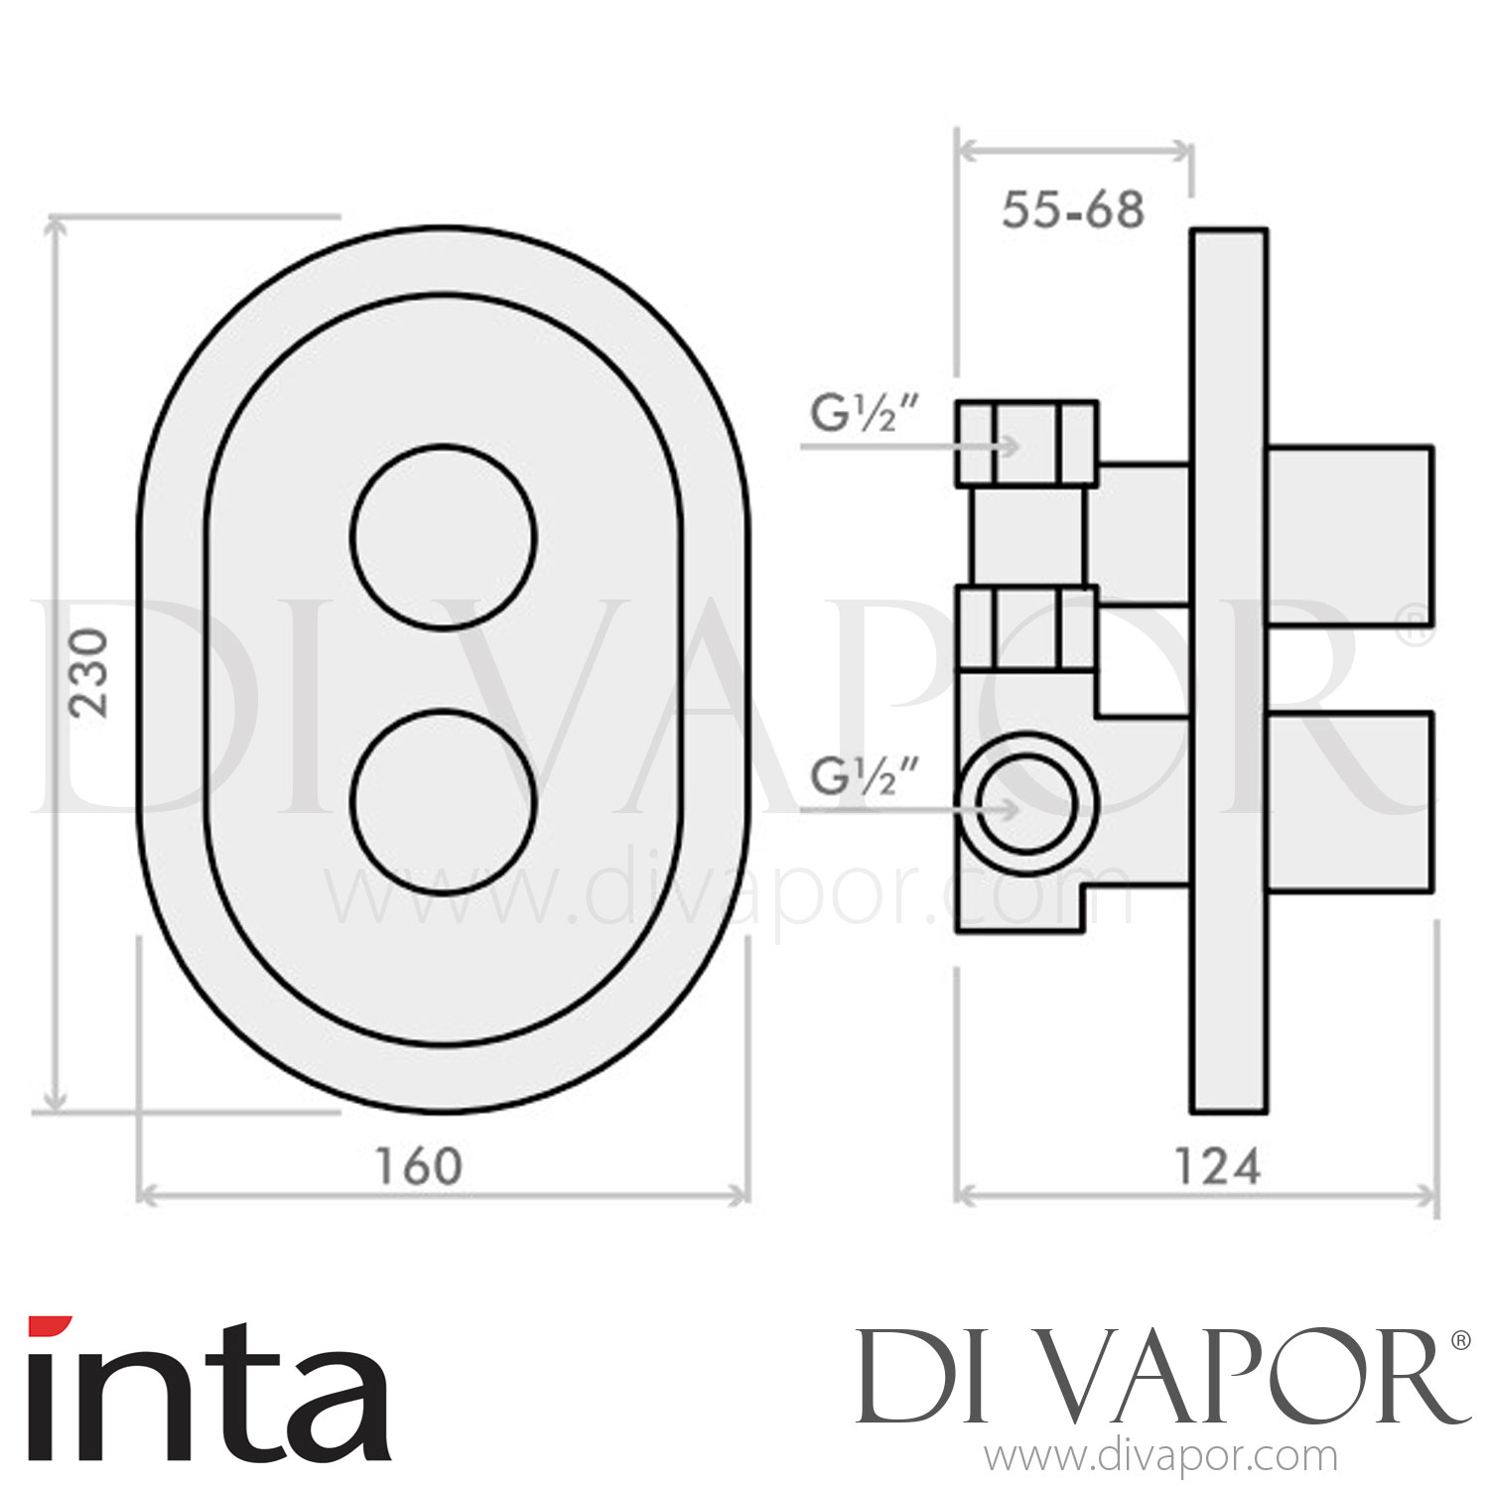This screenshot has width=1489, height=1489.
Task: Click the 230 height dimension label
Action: (x=89, y=672)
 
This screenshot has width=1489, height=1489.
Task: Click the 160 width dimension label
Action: (x=418, y=1166)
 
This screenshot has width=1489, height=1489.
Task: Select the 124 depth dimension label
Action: (x=1217, y=1166)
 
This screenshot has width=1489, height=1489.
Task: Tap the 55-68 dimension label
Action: (x=1072, y=210)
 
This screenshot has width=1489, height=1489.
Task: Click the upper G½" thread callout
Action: (x=852, y=415)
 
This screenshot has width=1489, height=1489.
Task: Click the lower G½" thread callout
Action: (x=852, y=778)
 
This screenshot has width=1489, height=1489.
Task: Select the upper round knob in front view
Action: (x=444, y=537)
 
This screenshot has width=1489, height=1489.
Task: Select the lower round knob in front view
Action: (x=444, y=802)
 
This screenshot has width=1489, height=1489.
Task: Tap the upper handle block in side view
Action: (x=1350, y=536)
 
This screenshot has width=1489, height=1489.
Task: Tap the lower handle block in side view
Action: (x=1350, y=801)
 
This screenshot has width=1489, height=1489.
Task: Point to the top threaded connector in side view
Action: (x=1026, y=444)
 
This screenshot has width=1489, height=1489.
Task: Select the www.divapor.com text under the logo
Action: (x=1159, y=1457)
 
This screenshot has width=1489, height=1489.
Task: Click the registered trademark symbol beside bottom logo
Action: (x=1460, y=1340)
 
